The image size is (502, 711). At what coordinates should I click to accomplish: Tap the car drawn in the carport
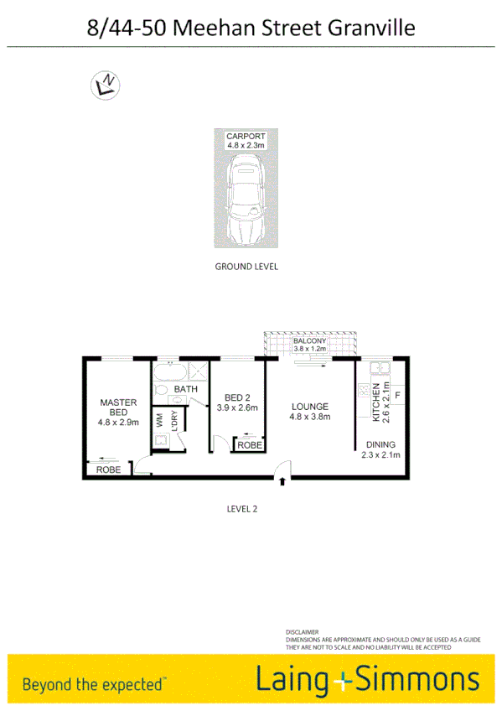tap(246, 198)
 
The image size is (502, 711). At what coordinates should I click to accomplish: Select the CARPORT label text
tap(246, 136)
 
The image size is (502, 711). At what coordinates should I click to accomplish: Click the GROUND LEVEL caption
tap(246, 267)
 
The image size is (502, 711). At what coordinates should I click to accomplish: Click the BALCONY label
tap(309, 342)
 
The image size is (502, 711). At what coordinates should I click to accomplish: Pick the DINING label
tap(380, 444)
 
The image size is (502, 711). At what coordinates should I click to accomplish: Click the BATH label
tap(185, 389)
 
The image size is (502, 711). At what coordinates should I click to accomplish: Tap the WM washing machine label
tap(159, 419)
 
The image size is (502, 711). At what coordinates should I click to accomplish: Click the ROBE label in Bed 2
tap(249, 446)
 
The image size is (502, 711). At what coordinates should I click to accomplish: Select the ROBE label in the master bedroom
tap(108, 470)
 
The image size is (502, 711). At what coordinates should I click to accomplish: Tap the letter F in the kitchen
tap(397, 394)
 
